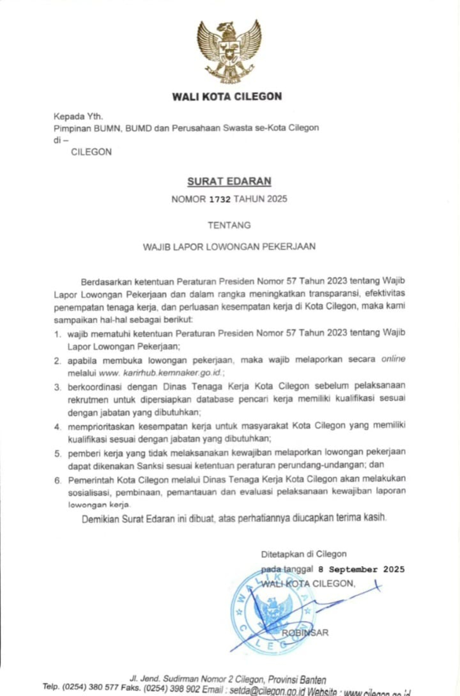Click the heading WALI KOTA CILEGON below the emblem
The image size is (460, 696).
227,96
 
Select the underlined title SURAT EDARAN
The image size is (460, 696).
229,181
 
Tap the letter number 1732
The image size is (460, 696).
220,199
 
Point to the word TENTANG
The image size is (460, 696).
229,226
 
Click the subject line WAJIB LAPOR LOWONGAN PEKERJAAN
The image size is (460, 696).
229,247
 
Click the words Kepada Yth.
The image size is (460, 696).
78,117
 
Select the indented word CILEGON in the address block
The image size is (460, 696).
91,152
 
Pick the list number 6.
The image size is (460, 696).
58,481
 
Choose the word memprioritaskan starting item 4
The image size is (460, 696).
100,427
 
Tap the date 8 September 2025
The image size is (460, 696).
361,569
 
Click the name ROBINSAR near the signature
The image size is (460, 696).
305,633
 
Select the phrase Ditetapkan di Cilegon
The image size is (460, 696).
304,554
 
